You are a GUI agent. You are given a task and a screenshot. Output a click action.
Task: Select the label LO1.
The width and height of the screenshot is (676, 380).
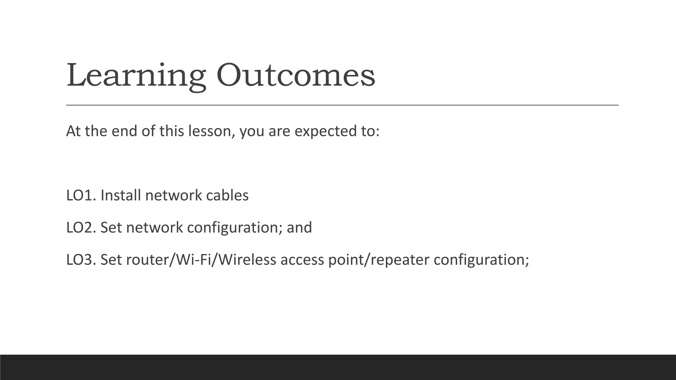[81, 195]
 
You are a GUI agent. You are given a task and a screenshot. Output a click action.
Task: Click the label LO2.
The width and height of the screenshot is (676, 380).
[81, 228]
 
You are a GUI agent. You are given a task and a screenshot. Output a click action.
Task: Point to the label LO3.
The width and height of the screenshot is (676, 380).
[81, 260]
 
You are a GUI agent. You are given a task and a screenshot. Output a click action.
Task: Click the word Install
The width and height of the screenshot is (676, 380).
[121, 195]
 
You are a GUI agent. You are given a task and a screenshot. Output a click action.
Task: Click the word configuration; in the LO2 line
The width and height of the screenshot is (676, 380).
[235, 228]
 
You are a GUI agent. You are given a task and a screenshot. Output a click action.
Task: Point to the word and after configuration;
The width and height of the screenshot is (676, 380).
[299, 228]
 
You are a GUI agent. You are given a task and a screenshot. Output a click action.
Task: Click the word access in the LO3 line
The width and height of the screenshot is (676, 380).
[302, 260]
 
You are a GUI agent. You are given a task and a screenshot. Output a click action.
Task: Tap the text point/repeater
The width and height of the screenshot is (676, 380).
[379, 260]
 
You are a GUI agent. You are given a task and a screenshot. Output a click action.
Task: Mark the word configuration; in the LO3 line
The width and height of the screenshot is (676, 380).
[481, 260]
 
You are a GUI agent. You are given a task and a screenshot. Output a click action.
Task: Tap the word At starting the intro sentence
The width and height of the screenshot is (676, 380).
[73, 131]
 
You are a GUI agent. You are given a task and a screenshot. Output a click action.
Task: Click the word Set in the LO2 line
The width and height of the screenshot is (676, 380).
[111, 228]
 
